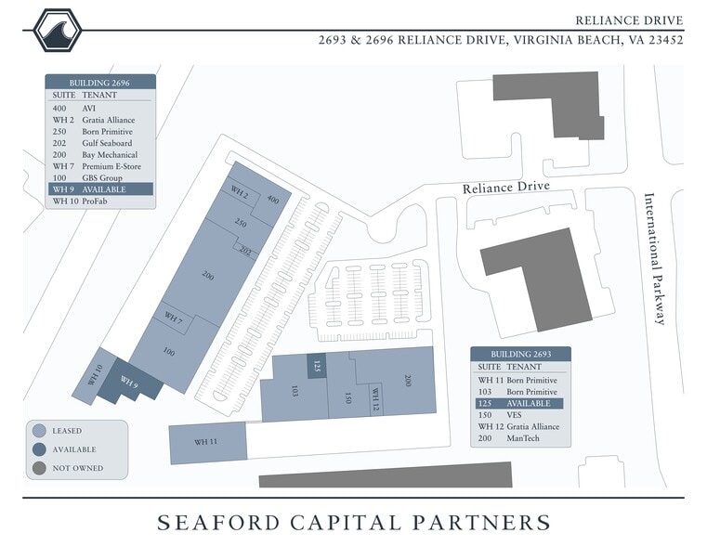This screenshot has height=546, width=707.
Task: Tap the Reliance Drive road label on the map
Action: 506,187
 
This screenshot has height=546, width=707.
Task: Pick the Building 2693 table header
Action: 520,355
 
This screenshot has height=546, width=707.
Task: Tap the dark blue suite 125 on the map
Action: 316,365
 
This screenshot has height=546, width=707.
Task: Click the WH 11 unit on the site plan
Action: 207,441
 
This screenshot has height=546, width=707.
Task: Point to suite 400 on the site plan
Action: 273,200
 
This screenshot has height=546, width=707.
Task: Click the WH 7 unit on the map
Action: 174,318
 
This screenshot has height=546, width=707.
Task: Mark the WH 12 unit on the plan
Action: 375,399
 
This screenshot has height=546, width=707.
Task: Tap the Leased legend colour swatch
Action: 39,431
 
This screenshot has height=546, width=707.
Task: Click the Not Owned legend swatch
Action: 39,468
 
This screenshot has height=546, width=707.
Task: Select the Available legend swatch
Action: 39,449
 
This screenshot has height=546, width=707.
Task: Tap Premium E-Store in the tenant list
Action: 112,166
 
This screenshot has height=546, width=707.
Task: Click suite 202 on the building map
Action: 245,252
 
